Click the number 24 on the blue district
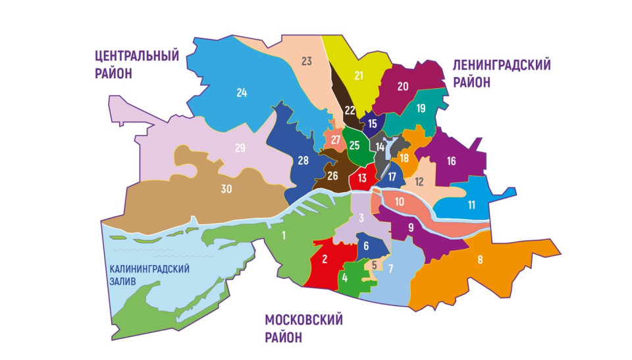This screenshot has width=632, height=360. point(242,93)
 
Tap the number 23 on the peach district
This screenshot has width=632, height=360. point(306,61)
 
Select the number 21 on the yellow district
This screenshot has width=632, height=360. point(359,75)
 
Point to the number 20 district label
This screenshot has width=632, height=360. point(403,86)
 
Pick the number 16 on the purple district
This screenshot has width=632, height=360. point(451,160)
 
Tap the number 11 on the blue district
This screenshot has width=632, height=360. point(471,205)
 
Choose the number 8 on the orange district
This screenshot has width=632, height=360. point(480,259)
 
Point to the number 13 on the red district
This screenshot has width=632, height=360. point(362,177)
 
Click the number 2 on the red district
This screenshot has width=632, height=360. point(324,259)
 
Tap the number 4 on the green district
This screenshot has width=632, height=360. point(345,277)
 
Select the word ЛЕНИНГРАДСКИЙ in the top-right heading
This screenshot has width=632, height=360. point(501,65)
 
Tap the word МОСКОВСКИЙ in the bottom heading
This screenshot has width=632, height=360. point(304,321)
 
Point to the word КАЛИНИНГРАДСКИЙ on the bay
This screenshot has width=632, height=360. point(149,269)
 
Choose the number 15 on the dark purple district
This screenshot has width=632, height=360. point(373,123)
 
